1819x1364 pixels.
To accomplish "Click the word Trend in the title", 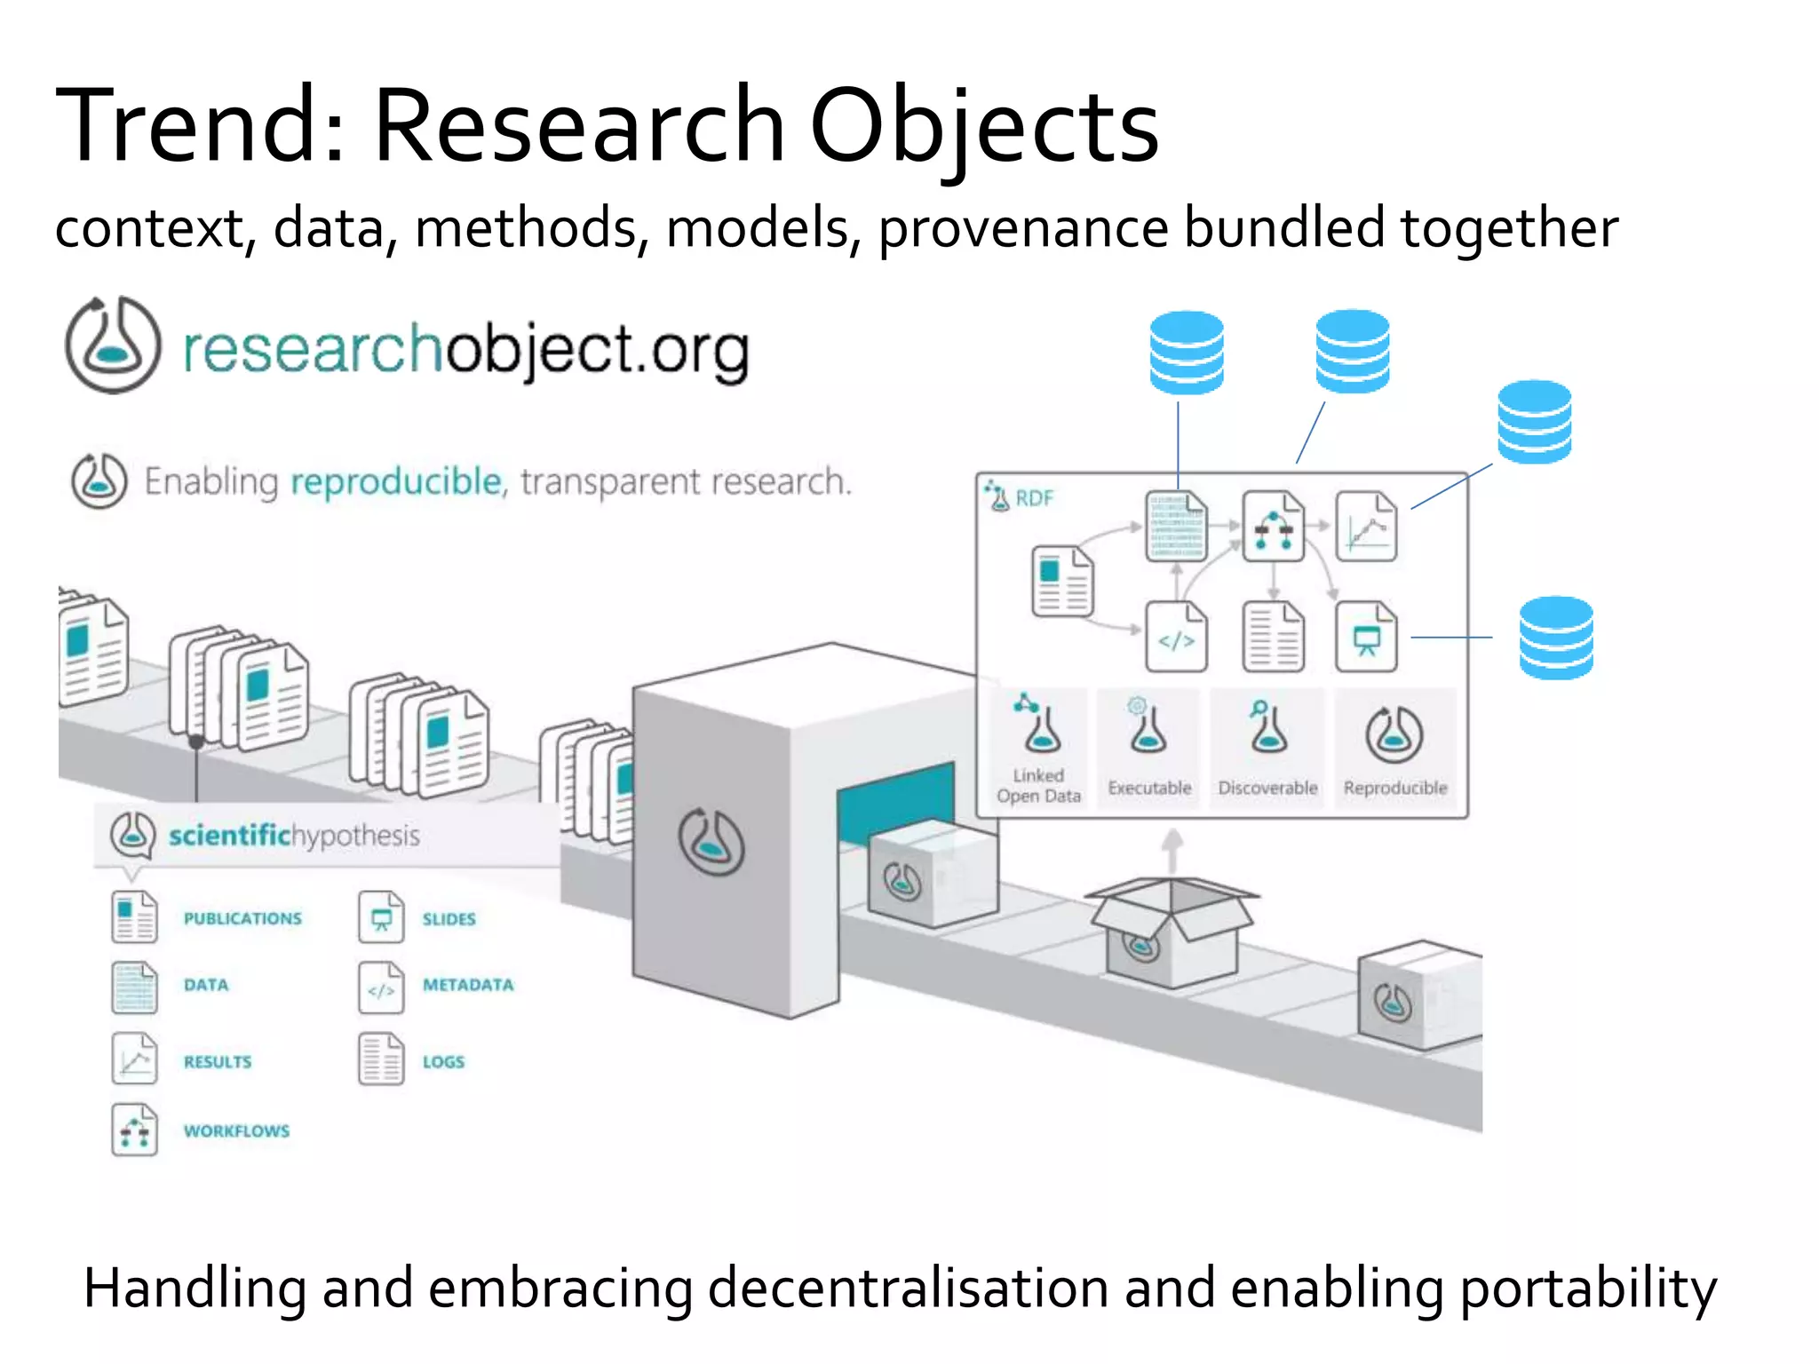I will coord(182,126).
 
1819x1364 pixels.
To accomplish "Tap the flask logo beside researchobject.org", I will coord(113,345).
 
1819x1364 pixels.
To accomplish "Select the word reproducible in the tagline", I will coord(396,482).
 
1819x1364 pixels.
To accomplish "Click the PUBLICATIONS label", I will coord(242,918).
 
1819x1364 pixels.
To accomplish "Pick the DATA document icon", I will coord(134,987).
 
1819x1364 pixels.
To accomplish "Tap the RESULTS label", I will coord(218,1062).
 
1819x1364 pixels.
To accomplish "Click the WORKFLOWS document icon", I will coord(134,1130).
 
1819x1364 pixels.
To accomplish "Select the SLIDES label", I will coord(449,919).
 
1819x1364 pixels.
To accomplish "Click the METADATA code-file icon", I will coord(381,987).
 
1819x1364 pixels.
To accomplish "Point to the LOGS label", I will coord(443,1062).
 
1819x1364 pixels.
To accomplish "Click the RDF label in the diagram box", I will coord(1034,499).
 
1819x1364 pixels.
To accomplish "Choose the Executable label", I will coord(1149,789).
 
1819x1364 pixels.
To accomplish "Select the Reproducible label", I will coord(1394,789).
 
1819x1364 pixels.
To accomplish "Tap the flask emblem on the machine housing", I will coord(711,841).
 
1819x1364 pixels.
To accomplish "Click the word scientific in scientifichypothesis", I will coord(229,836).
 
